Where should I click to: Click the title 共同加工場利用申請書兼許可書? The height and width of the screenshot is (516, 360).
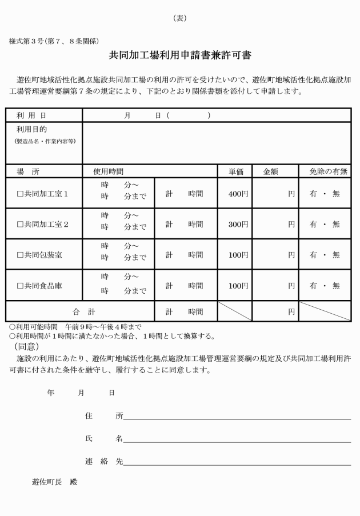tap(180, 55)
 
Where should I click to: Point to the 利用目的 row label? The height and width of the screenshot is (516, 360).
tap(31, 130)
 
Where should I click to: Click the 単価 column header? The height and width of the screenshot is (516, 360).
tap(234, 171)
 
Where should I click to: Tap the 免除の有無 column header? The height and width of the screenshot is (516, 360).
tap(330, 171)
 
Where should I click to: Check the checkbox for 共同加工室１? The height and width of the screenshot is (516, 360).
tap(19, 194)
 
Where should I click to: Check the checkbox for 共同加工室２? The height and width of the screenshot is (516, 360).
tap(19, 225)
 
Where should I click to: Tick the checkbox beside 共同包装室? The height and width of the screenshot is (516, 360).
tap(19, 255)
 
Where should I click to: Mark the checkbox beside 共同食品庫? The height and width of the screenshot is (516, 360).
tap(19, 286)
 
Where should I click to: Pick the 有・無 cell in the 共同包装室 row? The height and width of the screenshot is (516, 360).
tap(324, 255)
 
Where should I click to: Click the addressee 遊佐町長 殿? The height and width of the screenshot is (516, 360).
tap(54, 482)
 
